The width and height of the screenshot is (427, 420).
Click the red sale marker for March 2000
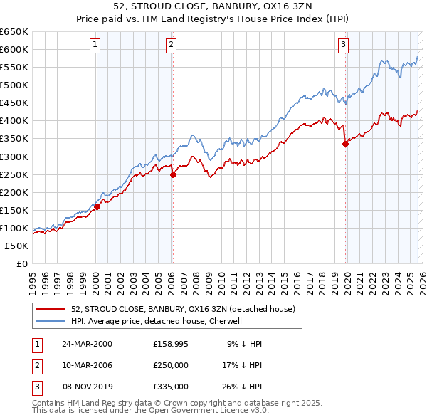point(97,206)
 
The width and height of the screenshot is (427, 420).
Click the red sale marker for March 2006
point(173,174)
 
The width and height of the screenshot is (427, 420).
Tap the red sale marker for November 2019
point(345,144)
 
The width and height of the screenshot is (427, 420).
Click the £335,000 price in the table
point(171,387)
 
